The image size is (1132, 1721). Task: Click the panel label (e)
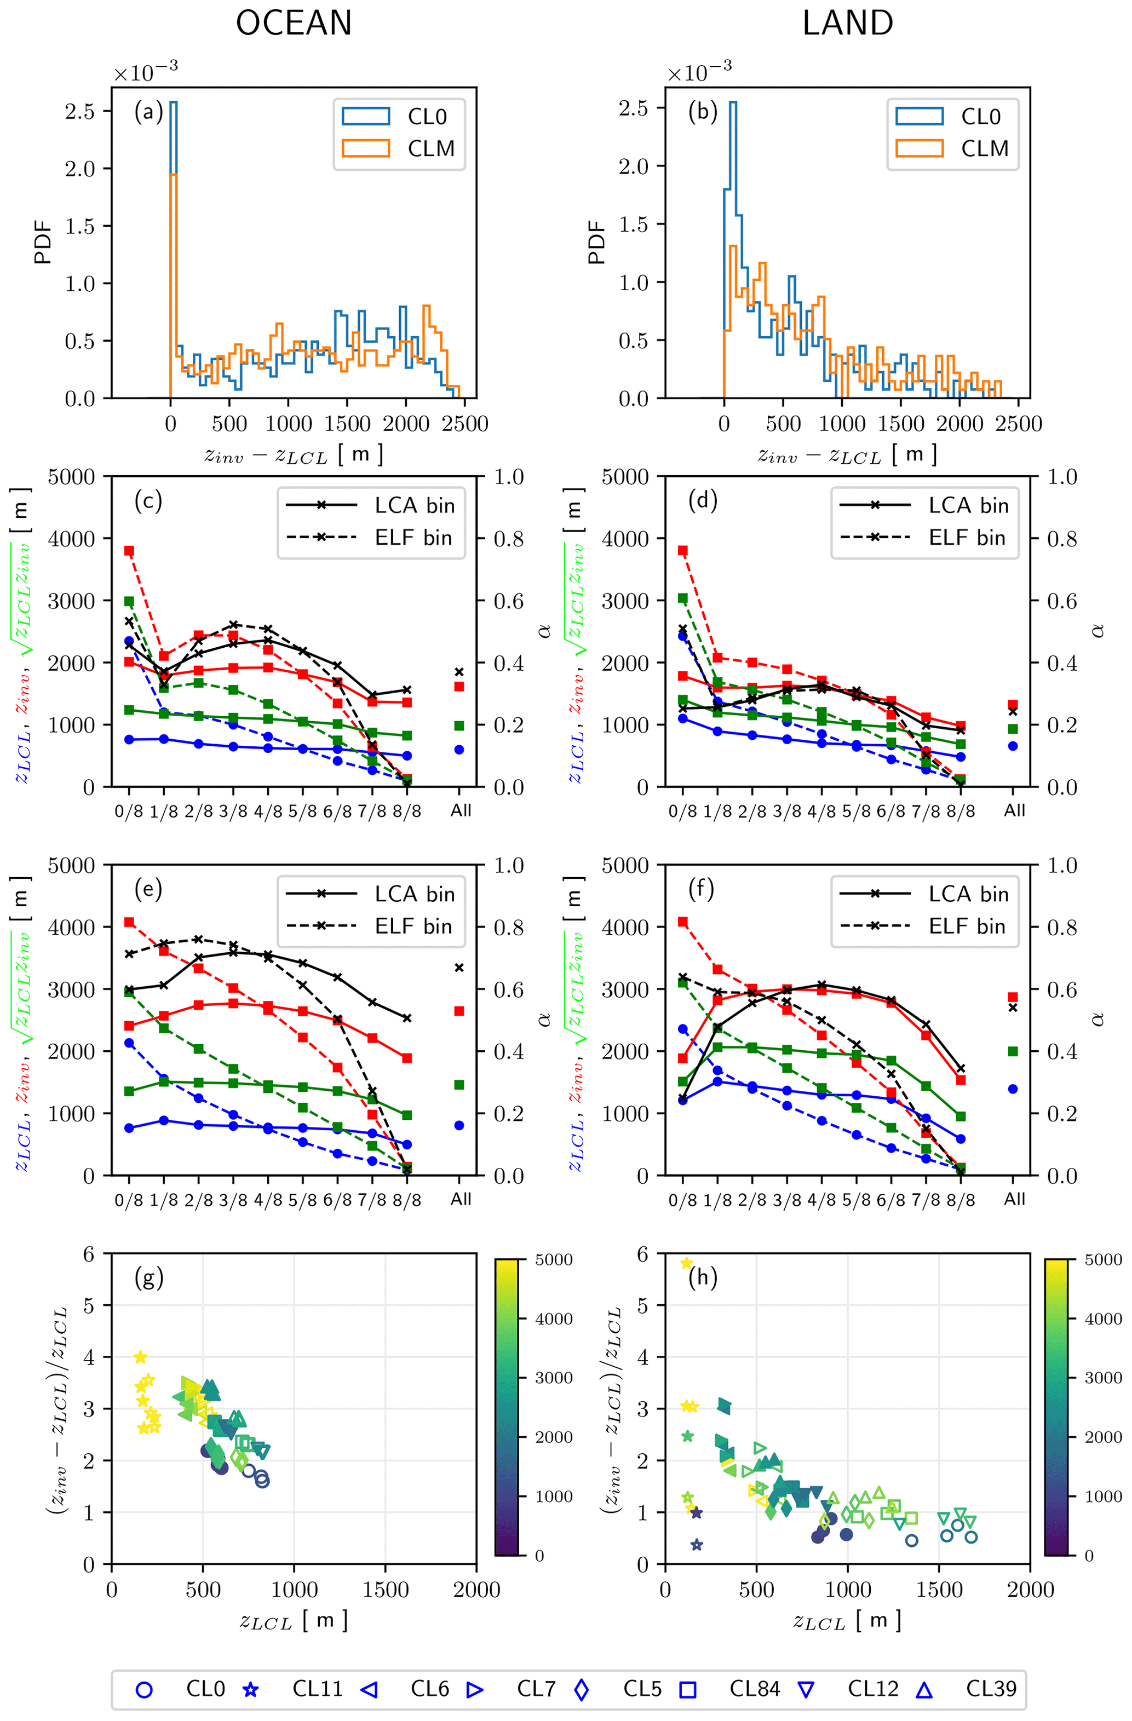148,888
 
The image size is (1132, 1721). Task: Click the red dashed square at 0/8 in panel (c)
129,551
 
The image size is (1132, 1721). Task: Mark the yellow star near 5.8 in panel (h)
686,1263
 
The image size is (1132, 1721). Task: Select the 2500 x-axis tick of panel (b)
1019,424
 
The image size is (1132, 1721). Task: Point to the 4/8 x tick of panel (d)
821,810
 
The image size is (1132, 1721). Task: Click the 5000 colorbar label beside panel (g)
553,1259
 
